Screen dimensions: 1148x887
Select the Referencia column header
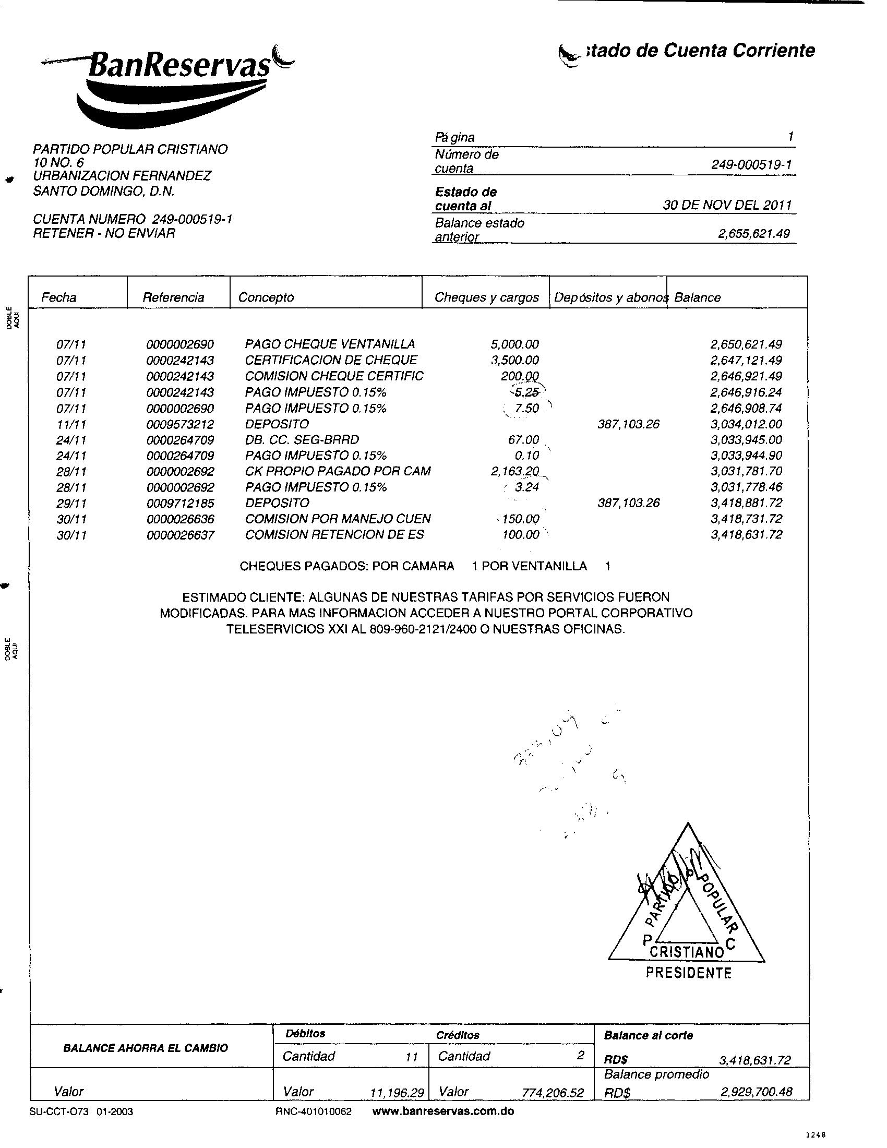pos(173,297)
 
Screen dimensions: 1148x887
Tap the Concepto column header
pos(266,297)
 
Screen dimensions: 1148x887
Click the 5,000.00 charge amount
pos(514,344)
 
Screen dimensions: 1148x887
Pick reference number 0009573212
pos(180,424)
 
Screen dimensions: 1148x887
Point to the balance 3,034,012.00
pos(746,424)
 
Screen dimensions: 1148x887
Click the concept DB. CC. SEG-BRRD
pos(302,439)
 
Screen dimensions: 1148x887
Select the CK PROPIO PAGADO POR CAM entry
pos(338,471)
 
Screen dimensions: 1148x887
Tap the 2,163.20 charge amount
pos(514,471)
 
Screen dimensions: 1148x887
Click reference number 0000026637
pos(180,534)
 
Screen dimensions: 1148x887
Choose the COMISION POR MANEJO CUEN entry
pos(338,519)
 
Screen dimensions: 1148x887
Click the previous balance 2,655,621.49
pos(753,233)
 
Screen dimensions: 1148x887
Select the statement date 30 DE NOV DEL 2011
pos(727,205)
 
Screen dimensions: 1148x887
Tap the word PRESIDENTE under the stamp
pos(688,973)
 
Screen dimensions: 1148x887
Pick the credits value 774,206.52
pos(553,1093)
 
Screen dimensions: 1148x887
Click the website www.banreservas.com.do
pos(443,1111)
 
